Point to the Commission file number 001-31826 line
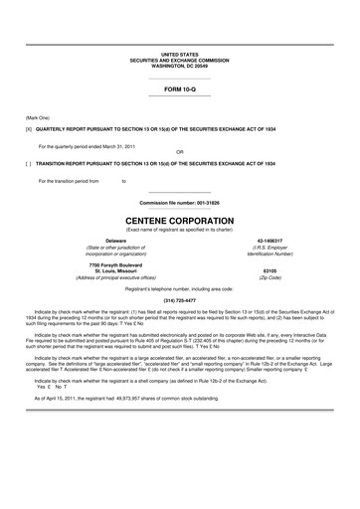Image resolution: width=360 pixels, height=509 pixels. point(180,202)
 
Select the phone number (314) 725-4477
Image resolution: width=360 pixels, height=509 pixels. point(180,300)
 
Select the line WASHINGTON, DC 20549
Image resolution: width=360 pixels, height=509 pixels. point(180,65)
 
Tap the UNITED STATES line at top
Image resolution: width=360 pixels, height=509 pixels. point(180,55)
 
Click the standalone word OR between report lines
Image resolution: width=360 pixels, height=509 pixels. point(180,152)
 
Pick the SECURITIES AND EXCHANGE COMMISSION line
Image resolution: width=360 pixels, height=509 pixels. point(180,60)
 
